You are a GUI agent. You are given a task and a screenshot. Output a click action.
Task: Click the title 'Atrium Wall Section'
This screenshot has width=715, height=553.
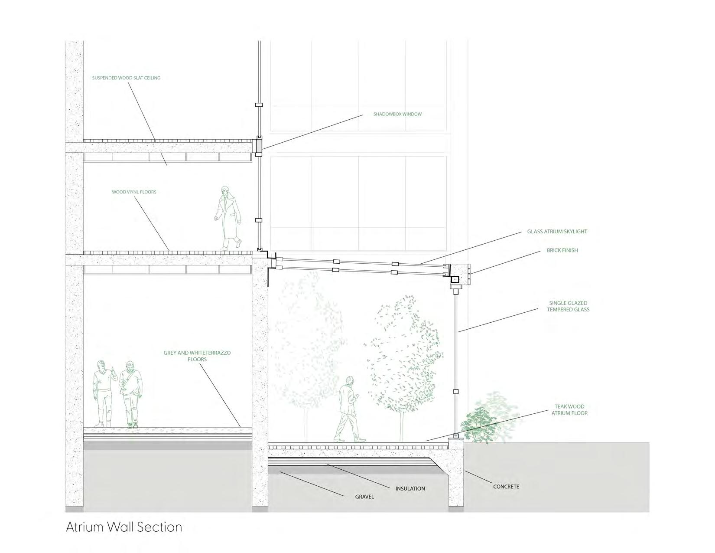(124, 527)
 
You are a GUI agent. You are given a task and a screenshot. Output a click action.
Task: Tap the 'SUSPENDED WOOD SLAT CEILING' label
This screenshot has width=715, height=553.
(126, 78)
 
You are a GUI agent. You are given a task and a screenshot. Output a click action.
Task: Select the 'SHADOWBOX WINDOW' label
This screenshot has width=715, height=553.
(397, 115)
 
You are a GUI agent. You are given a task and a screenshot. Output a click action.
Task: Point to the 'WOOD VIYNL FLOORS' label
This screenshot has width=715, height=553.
(134, 192)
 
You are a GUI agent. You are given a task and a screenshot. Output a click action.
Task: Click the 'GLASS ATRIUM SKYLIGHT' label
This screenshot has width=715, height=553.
(557, 232)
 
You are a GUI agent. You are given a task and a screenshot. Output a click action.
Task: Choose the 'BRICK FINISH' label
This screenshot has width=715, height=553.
(562, 250)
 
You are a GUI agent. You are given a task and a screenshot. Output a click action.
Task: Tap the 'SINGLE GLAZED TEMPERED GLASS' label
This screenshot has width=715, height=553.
(568, 306)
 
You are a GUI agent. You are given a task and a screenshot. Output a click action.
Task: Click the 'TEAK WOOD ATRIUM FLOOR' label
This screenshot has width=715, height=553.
(569, 410)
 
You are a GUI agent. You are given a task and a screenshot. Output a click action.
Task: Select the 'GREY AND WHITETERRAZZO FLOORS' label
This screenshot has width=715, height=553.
(197, 356)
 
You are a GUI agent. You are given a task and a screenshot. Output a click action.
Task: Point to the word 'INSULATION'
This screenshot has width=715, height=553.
(410, 488)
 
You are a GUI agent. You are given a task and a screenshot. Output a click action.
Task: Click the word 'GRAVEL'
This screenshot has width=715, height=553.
(364, 497)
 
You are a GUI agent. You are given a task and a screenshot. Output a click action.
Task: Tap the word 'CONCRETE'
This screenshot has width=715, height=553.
(506, 487)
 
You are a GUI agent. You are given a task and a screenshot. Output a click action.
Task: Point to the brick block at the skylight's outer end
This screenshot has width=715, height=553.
(459, 275)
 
